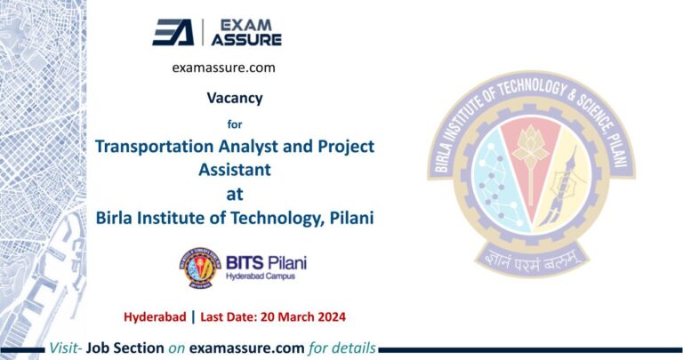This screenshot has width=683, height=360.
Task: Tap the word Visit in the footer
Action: point(68,348)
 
